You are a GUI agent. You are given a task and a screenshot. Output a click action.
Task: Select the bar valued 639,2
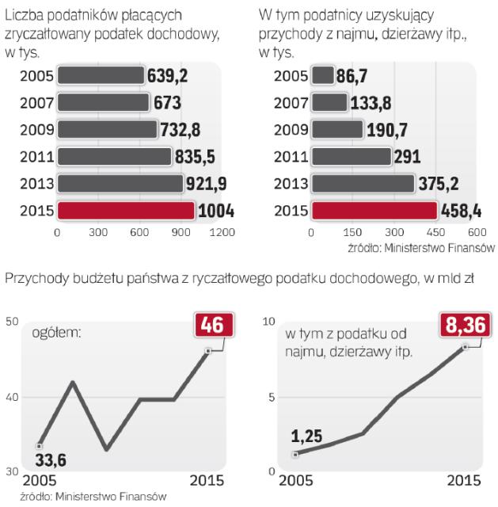pyautogui.click(x=100, y=76)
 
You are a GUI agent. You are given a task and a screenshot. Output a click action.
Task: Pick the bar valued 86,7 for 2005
pyautogui.click(x=322, y=76)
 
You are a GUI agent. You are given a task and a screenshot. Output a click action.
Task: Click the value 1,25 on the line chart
pyautogui.click(x=308, y=436)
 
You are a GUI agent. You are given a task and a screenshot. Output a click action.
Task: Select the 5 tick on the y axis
pyautogui.click(x=270, y=396)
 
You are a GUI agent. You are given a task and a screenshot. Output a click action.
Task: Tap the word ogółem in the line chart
pyautogui.click(x=56, y=332)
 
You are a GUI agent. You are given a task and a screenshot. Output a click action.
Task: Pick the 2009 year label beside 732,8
pyautogui.click(x=36, y=130)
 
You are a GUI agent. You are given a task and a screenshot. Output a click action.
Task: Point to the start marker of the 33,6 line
pyautogui.click(x=39, y=445)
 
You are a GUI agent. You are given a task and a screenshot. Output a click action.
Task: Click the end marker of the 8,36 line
pyautogui.click(x=465, y=346)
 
